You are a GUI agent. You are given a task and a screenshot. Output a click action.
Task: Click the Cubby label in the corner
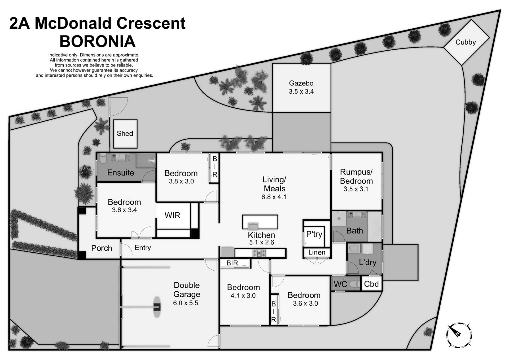click(x=466, y=42)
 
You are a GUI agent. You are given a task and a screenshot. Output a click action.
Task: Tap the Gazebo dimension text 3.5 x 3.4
click(x=301, y=92)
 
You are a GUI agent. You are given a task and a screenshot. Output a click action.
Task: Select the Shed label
click(x=125, y=133)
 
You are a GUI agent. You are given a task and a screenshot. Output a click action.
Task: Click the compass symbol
click(x=459, y=335)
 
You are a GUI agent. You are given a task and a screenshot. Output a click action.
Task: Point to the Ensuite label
click(x=120, y=173)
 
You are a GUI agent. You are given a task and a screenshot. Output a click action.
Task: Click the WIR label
click(x=172, y=215)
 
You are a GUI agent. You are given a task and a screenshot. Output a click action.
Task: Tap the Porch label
click(x=102, y=248)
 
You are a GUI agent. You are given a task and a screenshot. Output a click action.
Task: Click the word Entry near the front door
click(x=143, y=248)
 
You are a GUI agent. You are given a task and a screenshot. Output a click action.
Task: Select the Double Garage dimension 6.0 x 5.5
click(x=186, y=303)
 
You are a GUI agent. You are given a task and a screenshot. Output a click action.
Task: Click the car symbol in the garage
click(x=157, y=307)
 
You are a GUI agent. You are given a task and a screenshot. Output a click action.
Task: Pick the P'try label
click(x=314, y=234)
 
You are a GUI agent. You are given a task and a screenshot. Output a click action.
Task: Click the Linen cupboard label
click(x=317, y=252)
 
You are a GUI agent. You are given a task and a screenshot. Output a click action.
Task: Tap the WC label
click(x=340, y=284)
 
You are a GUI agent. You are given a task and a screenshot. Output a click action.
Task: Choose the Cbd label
click(x=371, y=284)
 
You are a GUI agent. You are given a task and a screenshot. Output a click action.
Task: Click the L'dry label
click(x=367, y=262)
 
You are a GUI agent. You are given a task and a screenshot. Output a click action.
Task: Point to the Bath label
click(x=354, y=231)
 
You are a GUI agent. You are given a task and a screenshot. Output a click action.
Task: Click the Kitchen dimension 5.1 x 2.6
click(x=261, y=242)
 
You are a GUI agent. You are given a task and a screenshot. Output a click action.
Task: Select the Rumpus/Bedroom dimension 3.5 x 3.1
click(x=356, y=189)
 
